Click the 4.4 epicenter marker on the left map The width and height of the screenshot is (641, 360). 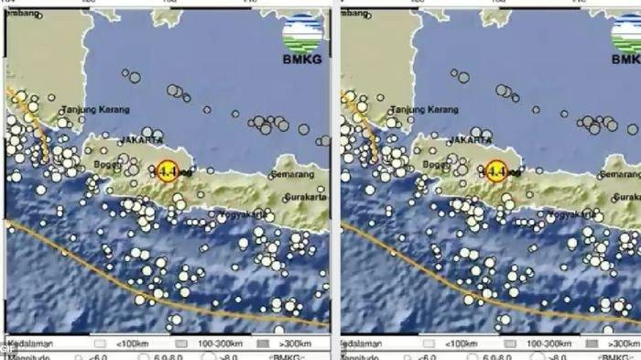(x=167, y=170)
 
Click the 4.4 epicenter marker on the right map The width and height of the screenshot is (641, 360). (x=496, y=170)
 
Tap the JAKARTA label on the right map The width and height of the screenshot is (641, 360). (x=470, y=141)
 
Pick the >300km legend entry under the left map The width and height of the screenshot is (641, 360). (x=294, y=343)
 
